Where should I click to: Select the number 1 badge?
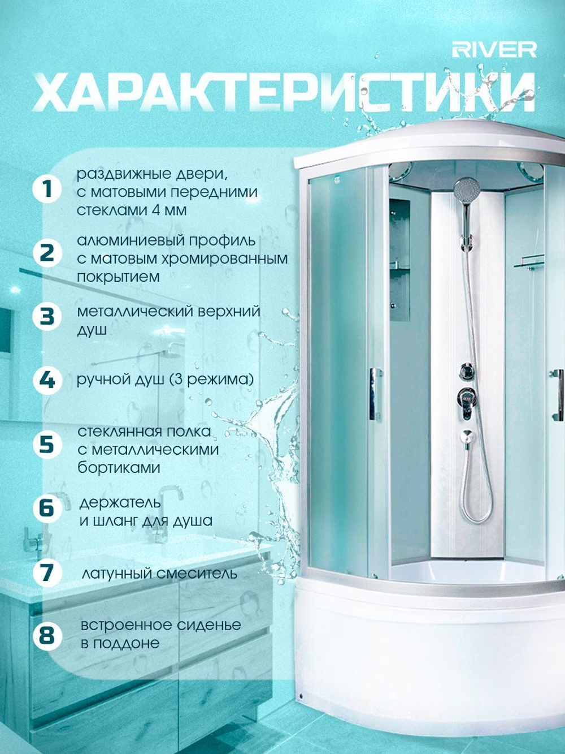click(x=47, y=189)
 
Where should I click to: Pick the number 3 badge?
click(x=47, y=316)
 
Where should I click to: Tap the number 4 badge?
click(x=47, y=381)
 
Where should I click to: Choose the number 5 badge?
click(x=47, y=445)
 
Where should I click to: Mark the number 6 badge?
click(x=47, y=509)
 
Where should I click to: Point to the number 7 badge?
click(x=47, y=572)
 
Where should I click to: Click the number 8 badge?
click(x=47, y=635)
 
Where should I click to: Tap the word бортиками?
click(x=119, y=468)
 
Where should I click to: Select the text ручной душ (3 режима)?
click(x=166, y=380)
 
